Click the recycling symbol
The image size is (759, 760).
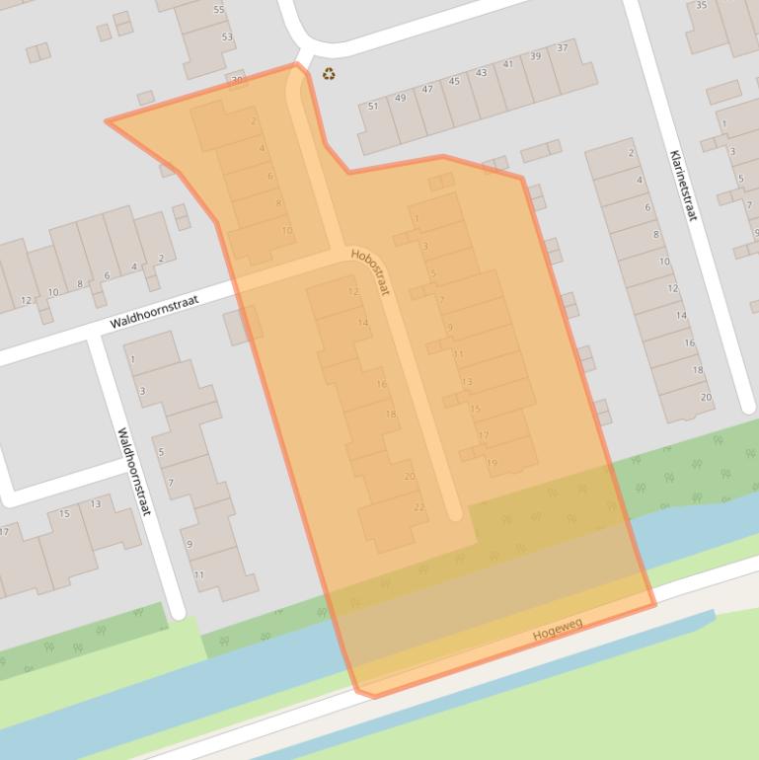pyautogui.click(x=329, y=72)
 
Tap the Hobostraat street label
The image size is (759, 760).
pyautogui.click(x=370, y=271)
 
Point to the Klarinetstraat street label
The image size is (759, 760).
pyautogui.click(x=682, y=185)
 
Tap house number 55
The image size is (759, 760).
pyautogui.click(x=218, y=10)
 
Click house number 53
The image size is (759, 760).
pyautogui.click(x=227, y=38)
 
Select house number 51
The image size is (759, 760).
pyautogui.click(x=373, y=106)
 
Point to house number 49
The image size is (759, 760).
pyautogui.click(x=400, y=98)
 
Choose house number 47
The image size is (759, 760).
pyautogui.click(x=427, y=90)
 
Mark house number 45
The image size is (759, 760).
pyautogui.click(x=454, y=81)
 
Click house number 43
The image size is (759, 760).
pyautogui.click(x=481, y=73)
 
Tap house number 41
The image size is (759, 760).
pyautogui.click(x=508, y=64)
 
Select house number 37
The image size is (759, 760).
pyautogui.click(x=563, y=47)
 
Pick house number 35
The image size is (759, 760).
pyautogui.click(x=702, y=6)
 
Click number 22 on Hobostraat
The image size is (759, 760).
pyautogui.click(x=419, y=507)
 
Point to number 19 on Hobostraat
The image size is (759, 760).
pyautogui.click(x=492, y=463)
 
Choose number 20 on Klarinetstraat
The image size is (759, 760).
pyautogui.click(x=706, y=397)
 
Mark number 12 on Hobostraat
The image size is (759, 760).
pyautogui.click(x=353, y=292)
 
